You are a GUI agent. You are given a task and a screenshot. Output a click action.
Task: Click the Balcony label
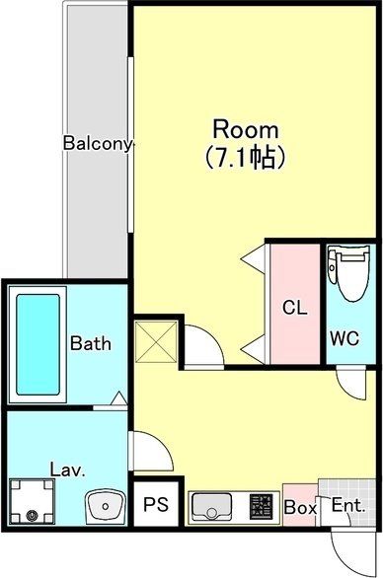click(x=98, y=143)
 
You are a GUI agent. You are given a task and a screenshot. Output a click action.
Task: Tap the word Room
click(x=247, y=129)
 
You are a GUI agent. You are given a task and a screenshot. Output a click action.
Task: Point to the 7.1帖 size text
click(x=247, y=155)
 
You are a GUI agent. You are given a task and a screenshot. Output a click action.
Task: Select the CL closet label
click(x=295, y=308)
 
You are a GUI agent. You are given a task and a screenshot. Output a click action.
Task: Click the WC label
click(x=345, y=337)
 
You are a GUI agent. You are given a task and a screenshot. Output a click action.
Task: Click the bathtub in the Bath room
click(x=38, y=344)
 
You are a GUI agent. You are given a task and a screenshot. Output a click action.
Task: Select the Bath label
click(x=90, y=344)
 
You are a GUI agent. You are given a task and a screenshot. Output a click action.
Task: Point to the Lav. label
click(x=66, y=470)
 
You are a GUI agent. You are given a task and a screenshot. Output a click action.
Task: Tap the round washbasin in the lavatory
click(x=104, y=507)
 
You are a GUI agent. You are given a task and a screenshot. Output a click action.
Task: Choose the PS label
click(x=155, y=506)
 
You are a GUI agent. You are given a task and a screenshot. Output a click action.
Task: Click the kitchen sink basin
click(x=210, y=507)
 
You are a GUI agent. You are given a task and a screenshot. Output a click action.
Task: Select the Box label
click(x=300, y=508)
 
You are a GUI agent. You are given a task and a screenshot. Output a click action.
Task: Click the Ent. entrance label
click(x=349, y=507)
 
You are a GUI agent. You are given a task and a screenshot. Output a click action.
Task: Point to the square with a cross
click(x=157, y=340)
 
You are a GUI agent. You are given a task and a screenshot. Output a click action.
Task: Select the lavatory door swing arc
click(x=150, y=452)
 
